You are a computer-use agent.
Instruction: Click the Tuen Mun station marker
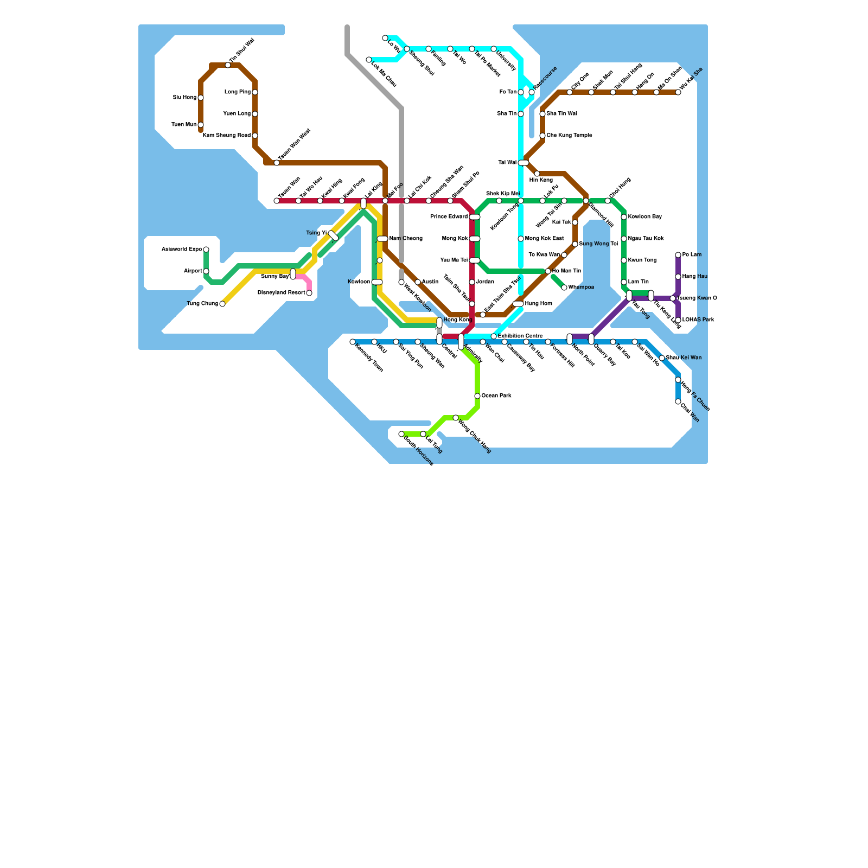pyautogui.click(x=201, y=125)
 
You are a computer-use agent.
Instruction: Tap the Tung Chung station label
pyautogui.click(x=202, y=304)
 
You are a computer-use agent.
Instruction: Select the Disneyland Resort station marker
pyautogui.click(x=309, y=293)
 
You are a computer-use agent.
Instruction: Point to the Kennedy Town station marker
pyautogui.click(x=353, y=342)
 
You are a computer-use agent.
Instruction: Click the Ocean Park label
pyautogui.click(x=496, y=396)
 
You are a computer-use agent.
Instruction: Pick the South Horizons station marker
pyautogui.click(x=401, y=434)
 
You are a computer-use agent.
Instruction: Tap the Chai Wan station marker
pyautogui.click(x=678, y=401)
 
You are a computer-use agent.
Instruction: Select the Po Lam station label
pyautogui.click(x=692, y=255)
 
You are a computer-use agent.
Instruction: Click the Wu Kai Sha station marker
pyautogui.click(x=678, y=92)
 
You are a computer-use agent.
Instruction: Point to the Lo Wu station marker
pyautogui.click(x=385, y=38)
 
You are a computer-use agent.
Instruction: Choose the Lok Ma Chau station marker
pyautogui.click(x=369, y=60)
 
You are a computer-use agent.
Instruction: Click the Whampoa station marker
pyautogui.click(x=564, y=288)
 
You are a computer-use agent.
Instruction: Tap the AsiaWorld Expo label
pyautogui.click(x=182, y=250)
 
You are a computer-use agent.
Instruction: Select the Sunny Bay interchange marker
pyautogui.click(x=293, y=274)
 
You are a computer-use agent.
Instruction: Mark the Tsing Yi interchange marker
pyautogui.click(x=334, y=235)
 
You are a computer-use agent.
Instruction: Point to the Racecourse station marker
pyautogui.click(x=532, y=92)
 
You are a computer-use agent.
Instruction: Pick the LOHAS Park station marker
pyautogui.click(x=678, y=320)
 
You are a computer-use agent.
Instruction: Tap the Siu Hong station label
pyautogui.click(x=184, y=98)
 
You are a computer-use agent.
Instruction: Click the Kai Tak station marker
pyautogui.click(x=575, y=222)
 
